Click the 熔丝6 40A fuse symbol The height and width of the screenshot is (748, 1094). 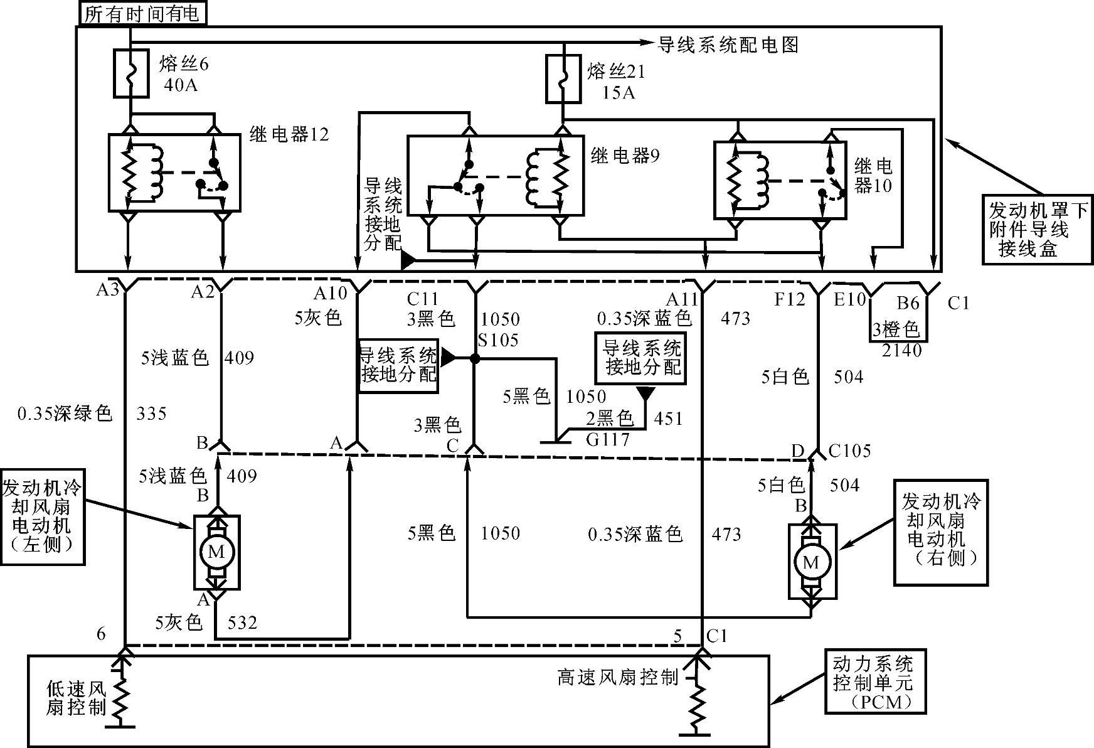pos(130,74)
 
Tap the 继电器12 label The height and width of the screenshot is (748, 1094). pos(289,134)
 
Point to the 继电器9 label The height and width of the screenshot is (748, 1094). pos(625,155)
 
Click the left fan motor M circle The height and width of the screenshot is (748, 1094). pos(216,552)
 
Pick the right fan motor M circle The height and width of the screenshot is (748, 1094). pos(810,562)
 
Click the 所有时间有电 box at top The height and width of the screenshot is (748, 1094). pos(142,13)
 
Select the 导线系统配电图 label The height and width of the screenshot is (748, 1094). pos(728,45)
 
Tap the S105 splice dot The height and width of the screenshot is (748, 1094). pos(475,358)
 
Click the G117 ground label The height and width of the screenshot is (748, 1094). pos(607,439)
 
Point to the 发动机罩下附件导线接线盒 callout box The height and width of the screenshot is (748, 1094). pos(1037,228)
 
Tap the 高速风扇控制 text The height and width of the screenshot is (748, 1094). pos(617,677)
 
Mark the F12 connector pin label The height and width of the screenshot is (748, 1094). pos(789,299)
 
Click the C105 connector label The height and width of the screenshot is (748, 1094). pos(849,451)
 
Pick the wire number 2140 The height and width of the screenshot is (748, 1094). pos(902,350)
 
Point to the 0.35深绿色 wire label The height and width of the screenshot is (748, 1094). pos(65,413)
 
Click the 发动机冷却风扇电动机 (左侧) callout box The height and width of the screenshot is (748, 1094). pos(43,515)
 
